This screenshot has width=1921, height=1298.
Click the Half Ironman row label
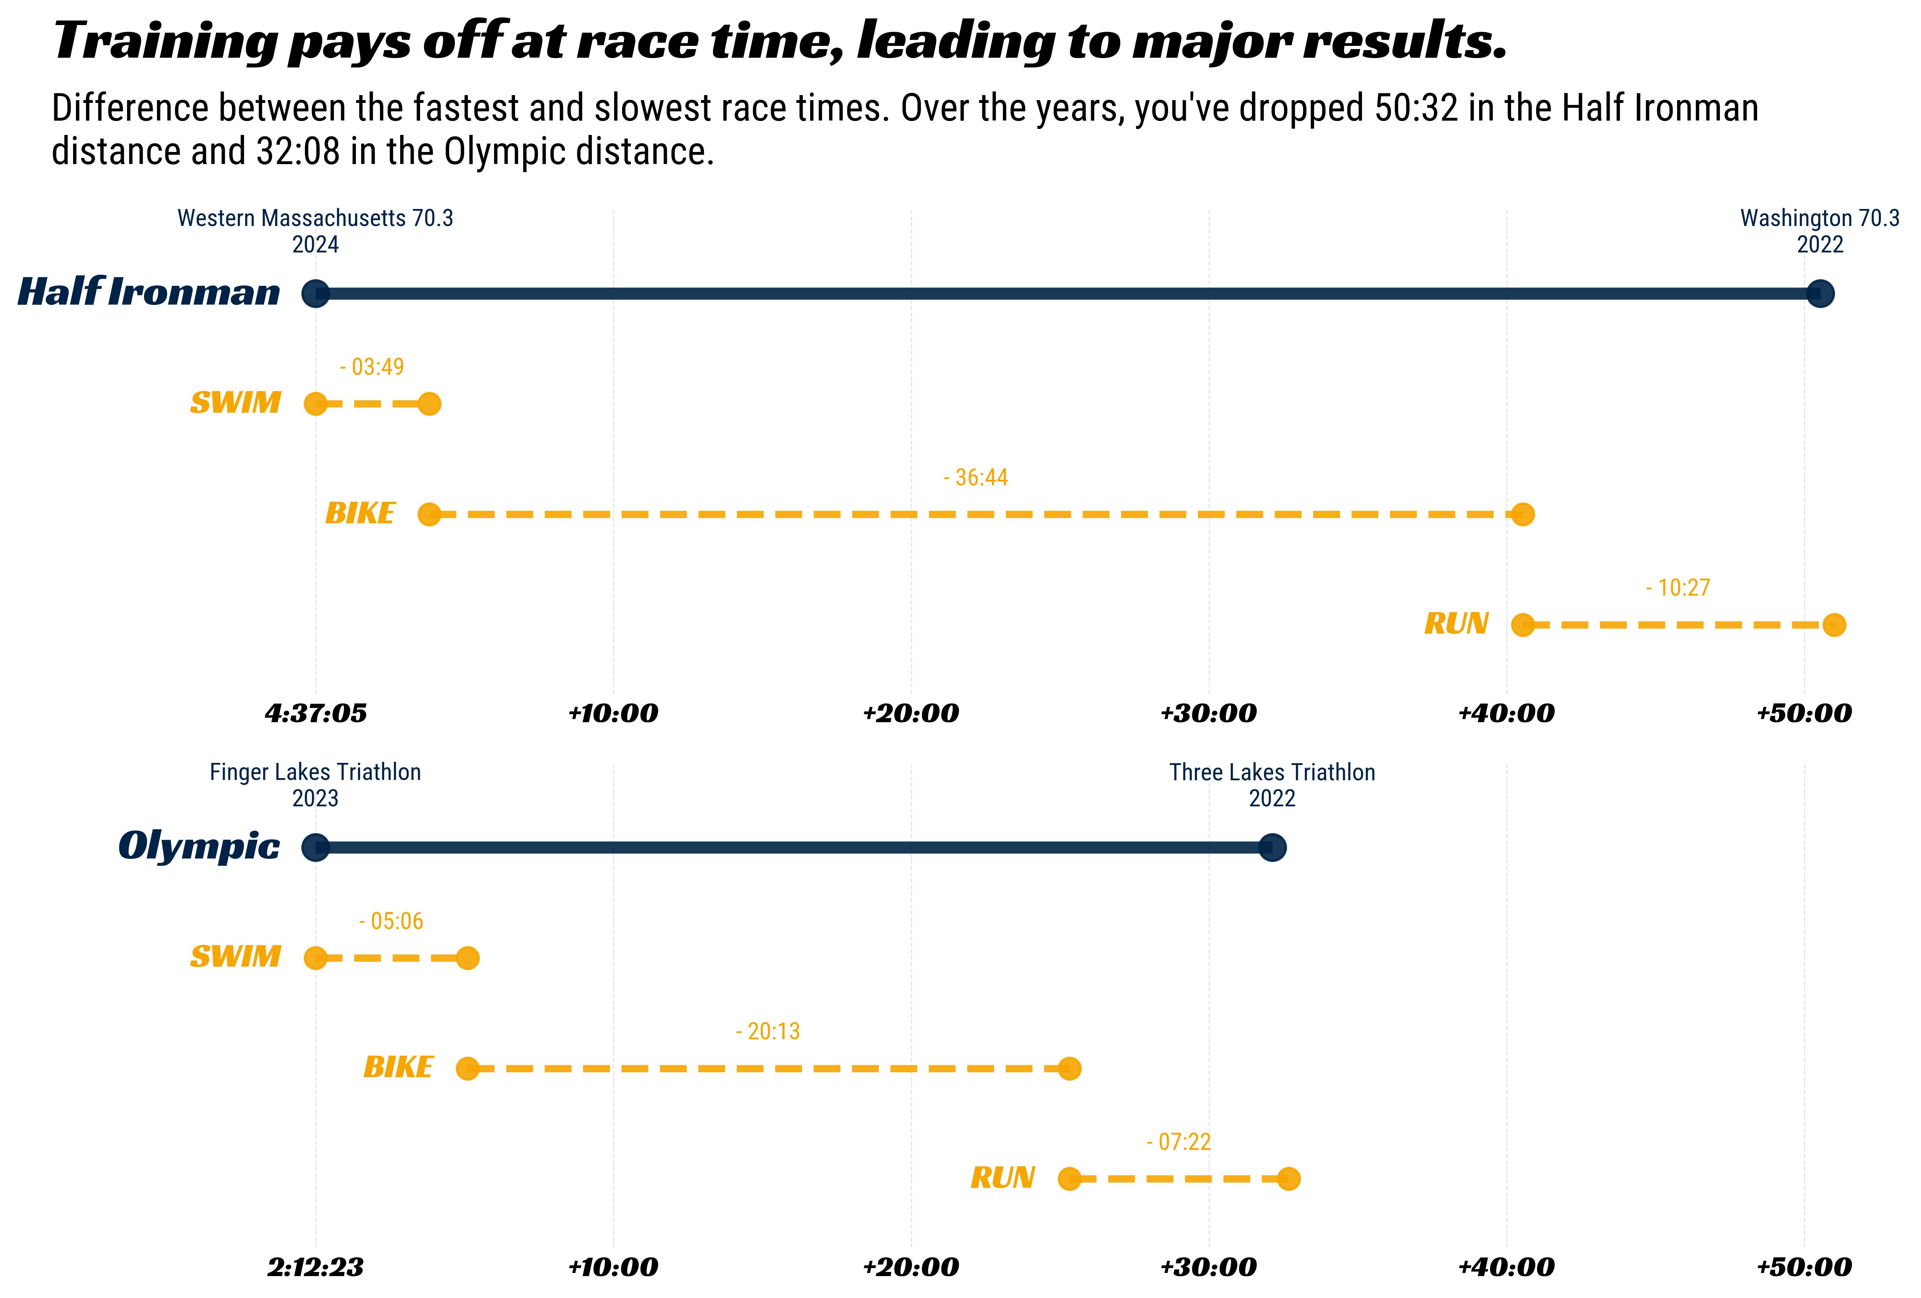click(149, 292)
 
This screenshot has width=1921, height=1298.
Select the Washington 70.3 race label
click(1819, 218)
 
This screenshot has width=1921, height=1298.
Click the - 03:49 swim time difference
click(372, 367)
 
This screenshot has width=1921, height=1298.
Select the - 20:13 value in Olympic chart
click(768, 1031)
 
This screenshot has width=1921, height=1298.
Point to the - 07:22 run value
click(1179, 1142)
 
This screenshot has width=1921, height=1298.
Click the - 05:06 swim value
click(391, 921)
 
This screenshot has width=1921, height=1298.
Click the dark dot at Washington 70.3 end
click(1819, 293)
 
